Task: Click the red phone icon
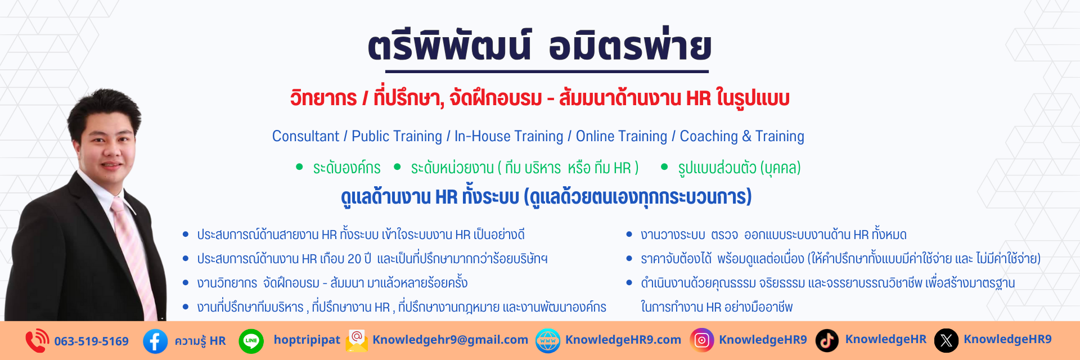coord(37,341)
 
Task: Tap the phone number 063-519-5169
coord(91,341)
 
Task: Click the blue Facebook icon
coord(155,341)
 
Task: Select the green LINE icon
coord(251,341)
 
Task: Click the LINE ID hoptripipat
coord(307,340)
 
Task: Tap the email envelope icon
coord(357,341)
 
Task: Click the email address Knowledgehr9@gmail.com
coord(450,340)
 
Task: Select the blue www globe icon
coord(548,341)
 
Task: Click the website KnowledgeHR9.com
coord(623,340)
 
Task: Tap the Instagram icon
coord(702,340)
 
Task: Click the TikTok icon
coord(827,340)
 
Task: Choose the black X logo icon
coord(946,340)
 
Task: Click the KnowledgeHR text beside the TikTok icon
coord(885,339)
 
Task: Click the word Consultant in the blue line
coord(305,136)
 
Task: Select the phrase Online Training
coord(622,136)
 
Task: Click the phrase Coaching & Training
coord(742,136)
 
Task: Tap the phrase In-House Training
coord(508,136)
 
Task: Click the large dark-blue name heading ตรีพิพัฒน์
coord(449,46)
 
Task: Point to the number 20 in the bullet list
coord(354,259)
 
